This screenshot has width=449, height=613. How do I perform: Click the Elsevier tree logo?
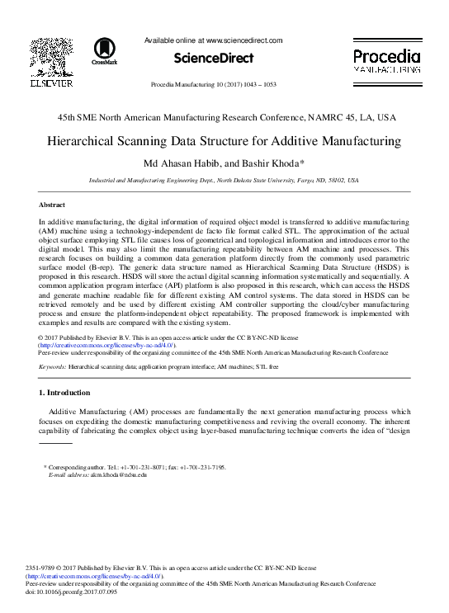click(x=51, y=55)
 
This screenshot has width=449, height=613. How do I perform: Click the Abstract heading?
click(x=52, y=203)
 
